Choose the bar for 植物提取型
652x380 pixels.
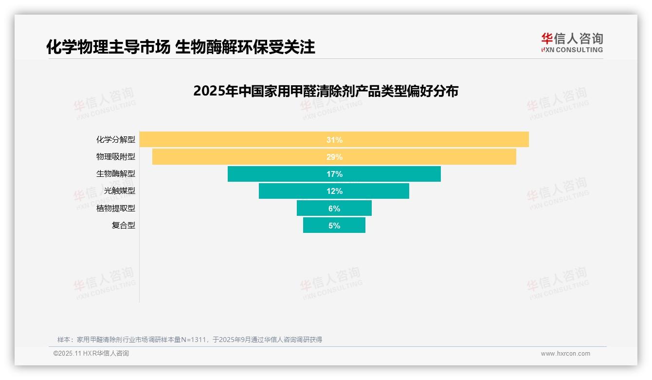point(311,208)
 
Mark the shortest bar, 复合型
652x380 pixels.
point(316,225)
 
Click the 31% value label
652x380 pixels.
point(334,140)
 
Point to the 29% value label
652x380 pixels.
point(334,157)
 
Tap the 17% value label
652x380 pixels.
point(334,174)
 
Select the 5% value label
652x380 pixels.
point(334,226)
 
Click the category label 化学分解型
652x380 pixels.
point(116,140)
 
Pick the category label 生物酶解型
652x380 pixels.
point(116,174)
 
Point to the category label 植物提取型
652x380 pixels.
point(116,208)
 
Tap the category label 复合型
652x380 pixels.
point(124,225)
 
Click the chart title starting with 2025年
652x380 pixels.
point(326,91)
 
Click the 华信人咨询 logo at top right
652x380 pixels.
point(572,42)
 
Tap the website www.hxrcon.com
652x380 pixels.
point(565,354)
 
